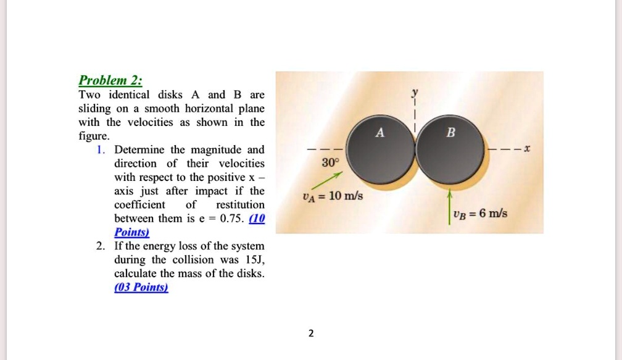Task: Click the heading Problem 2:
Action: pos(111,81)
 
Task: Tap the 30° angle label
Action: pos(330,163)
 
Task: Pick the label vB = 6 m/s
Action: pos(479,214)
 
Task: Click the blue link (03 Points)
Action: pos(141,287)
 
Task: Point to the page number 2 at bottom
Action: pos(311,333)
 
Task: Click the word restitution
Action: pos(240,204)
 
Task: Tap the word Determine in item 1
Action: pos(139,150)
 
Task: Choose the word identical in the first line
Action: pos(130,95)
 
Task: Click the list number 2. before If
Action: pos(101,246)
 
